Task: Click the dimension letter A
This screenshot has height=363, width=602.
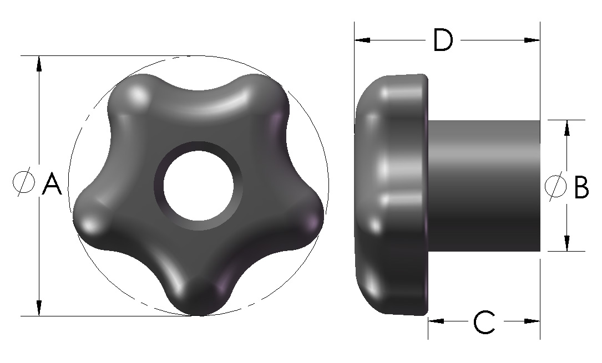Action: (52, 184)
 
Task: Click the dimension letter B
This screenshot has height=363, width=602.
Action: (581, 187)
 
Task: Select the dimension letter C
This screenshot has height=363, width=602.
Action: (484, 322)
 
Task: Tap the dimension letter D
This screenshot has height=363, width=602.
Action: (442, 40)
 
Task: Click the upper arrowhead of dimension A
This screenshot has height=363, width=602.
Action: (39, 63)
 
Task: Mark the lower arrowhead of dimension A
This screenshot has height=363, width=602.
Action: (39, 308)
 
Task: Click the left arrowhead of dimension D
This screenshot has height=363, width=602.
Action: (362, 40)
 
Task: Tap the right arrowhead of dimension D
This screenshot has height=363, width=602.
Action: (532, 40)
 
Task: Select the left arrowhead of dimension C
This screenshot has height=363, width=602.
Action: (436, 321)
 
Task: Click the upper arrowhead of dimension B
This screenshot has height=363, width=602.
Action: (566, 128)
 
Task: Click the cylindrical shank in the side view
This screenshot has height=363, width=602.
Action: (483, 186)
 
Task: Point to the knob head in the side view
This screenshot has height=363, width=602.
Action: (391, 194)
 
